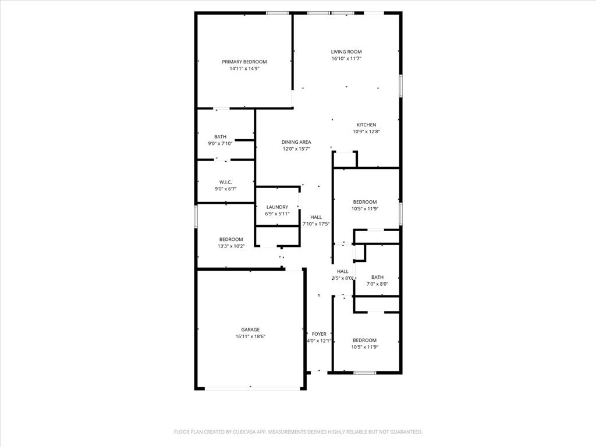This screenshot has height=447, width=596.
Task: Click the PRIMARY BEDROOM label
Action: point(244,62)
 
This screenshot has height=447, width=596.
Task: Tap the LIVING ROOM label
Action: point(346,52)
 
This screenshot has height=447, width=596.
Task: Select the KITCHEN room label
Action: point(367,125)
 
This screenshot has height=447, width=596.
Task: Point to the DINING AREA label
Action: point(296,142)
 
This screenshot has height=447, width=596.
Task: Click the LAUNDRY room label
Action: point(277,207)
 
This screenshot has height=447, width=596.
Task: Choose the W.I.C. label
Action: point(226,182)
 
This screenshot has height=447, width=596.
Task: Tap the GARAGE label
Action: point(251,329)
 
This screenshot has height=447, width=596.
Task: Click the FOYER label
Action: point(319,334)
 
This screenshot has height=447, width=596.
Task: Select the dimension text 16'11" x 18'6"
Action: point(251,336)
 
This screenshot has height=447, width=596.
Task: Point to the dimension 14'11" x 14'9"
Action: point(244,69)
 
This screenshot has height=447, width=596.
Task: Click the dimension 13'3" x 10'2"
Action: point(231,246)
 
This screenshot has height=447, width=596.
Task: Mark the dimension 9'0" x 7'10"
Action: point(220,144)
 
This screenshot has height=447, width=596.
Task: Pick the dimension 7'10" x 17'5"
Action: point(316,224)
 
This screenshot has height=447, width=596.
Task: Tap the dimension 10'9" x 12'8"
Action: point(367,132)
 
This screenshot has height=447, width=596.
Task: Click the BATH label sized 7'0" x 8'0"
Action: point(378,277)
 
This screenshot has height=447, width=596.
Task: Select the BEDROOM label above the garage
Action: point(231,239)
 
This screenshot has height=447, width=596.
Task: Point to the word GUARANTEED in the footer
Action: point(403,432)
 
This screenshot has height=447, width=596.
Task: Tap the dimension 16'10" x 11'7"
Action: point(346,59)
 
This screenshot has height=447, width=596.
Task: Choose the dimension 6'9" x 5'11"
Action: point(277,214)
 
